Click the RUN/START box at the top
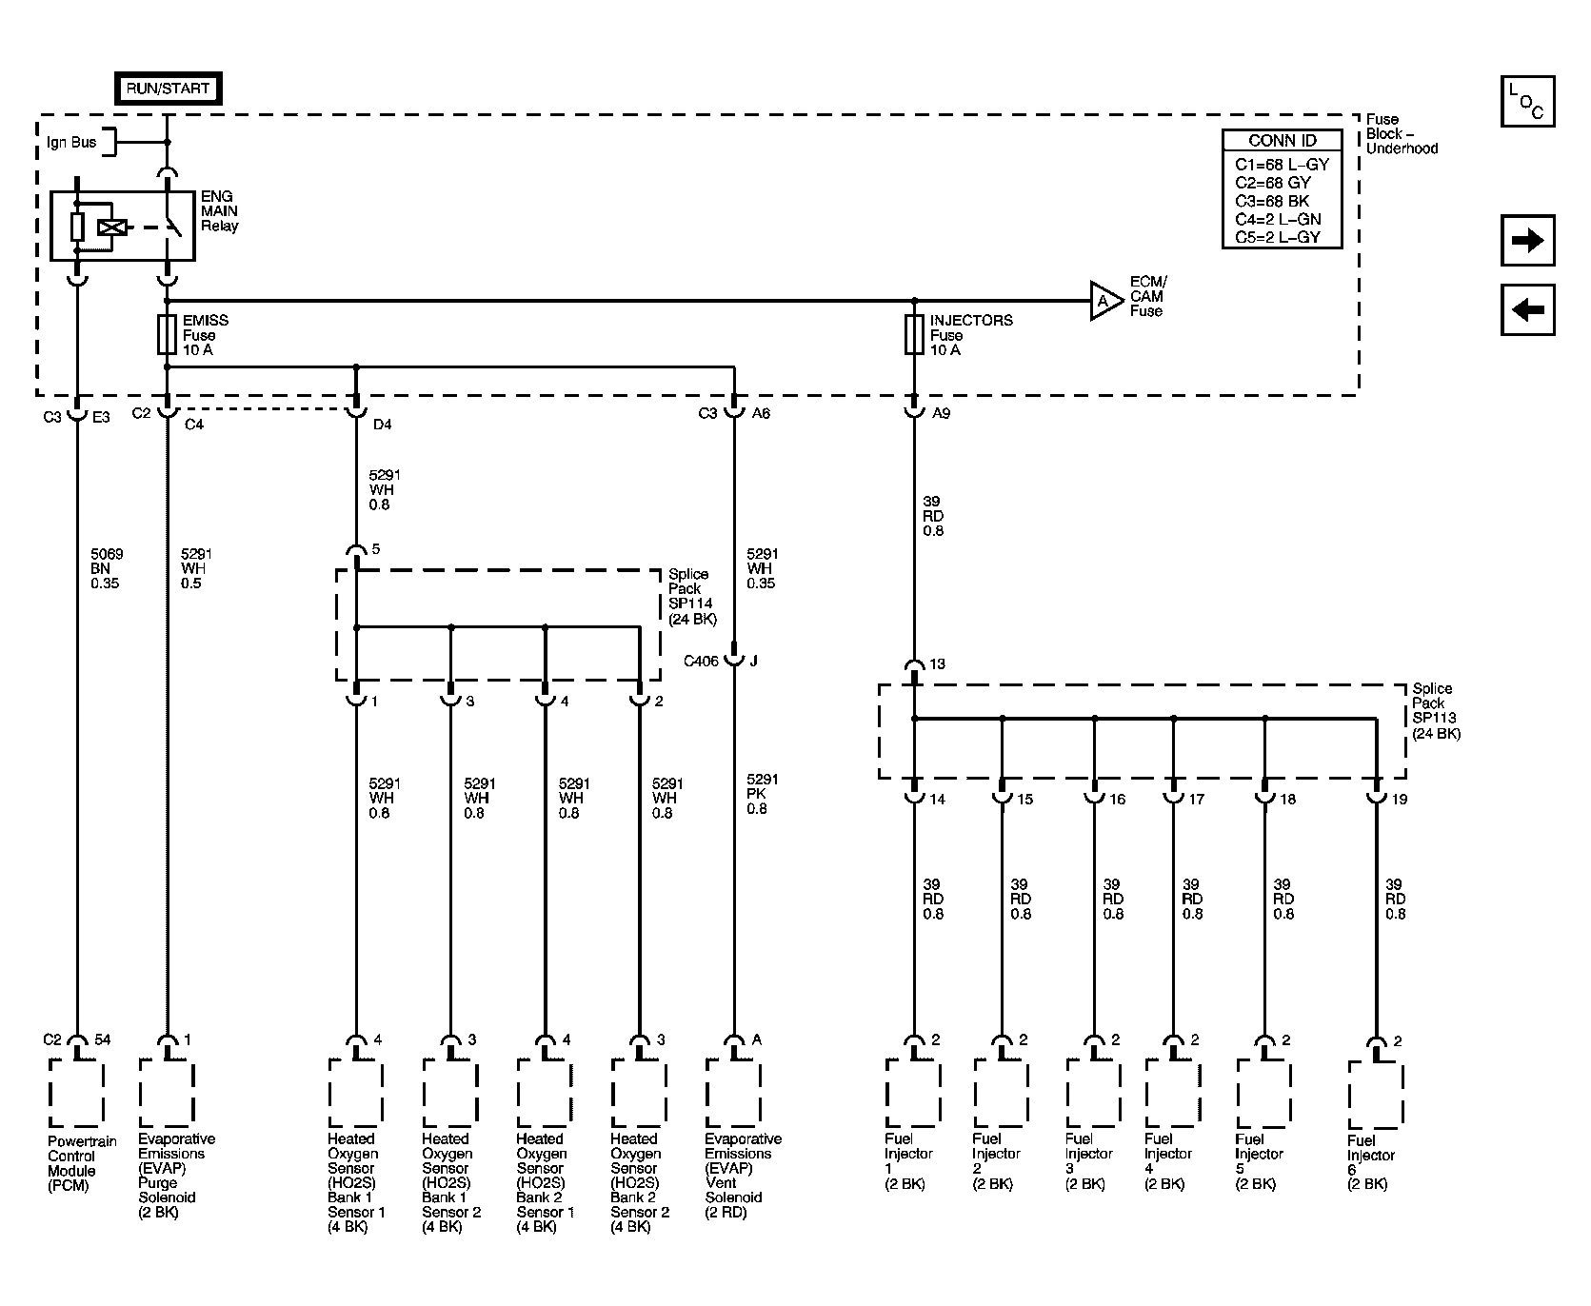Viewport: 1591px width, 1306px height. pos(168,89)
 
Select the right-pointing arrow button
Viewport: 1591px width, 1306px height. pos(1527,241)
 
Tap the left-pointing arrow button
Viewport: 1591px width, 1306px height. pos(1527,309)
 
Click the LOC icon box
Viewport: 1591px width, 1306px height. pos(1527,101)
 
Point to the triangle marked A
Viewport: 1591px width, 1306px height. pos(1104,301)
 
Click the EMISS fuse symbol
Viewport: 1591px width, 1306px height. pos(167,334)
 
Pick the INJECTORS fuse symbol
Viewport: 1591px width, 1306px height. pos(914,334)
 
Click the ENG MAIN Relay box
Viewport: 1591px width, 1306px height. pos(122,226)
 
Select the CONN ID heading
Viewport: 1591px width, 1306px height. pos(1282,140)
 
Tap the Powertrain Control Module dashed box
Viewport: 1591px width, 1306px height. pos(76,1095)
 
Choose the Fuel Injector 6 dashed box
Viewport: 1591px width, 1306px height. pos(1376,1095)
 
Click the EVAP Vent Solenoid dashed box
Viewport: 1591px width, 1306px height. pos(733,1095)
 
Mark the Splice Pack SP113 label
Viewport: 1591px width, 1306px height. pos(1436,711)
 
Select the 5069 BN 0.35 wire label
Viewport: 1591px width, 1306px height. pos(105,568)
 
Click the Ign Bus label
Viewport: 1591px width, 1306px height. pos(71,142)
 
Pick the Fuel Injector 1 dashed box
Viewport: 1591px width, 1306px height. pos(913,1095)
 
